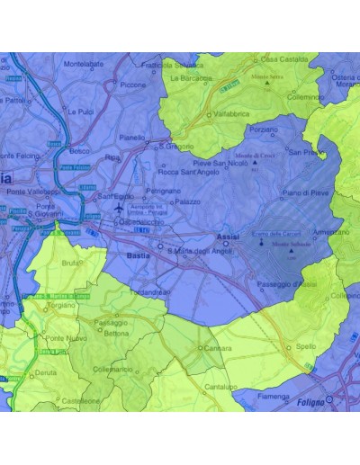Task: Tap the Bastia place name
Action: [139, 256]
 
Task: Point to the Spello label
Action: [306, 345]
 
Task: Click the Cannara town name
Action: [218, 348]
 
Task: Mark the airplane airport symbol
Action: [118, 209]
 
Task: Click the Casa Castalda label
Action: [282, 59]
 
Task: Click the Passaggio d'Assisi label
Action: [287, 284]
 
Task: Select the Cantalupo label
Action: [220, 386]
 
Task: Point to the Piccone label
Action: [132, 85]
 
